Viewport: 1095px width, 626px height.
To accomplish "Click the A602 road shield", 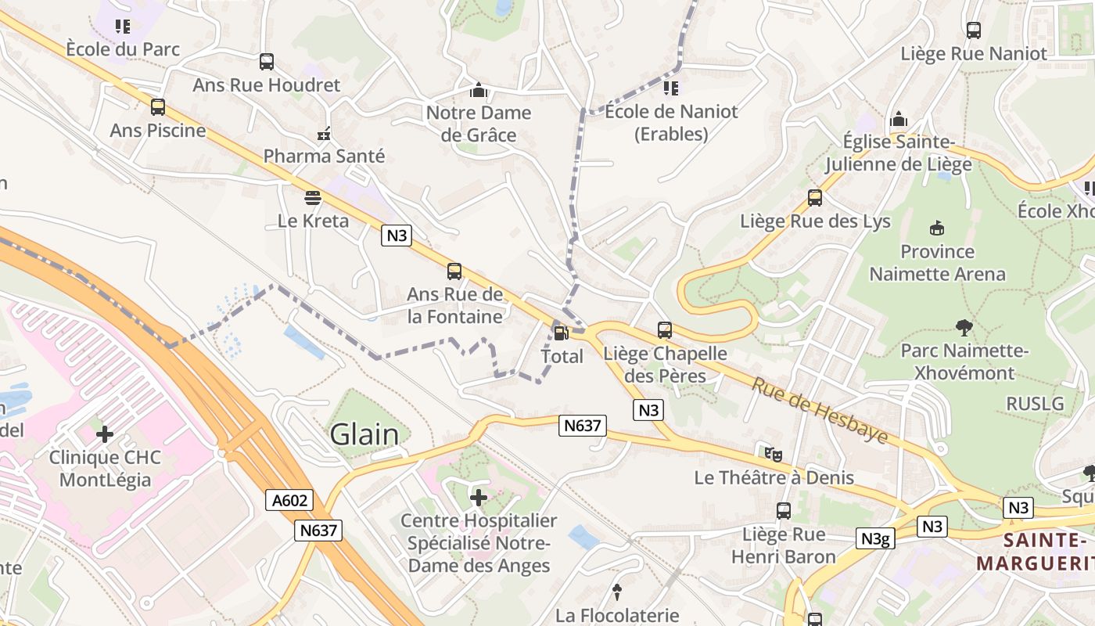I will (289, 501).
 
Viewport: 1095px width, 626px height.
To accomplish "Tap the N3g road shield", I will (874, 538).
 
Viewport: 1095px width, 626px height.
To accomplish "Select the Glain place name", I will (364, 434).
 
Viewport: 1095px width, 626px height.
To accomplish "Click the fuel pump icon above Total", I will (561, 333).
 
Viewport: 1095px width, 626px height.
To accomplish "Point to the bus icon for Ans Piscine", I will (158, 107).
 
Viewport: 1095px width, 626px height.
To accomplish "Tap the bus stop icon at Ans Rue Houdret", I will (267, 62).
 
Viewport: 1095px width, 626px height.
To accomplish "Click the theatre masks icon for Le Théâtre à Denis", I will (773, 453).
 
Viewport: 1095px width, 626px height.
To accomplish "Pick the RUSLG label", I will (1035, 404).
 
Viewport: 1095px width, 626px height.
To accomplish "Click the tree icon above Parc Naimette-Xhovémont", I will (964, 328).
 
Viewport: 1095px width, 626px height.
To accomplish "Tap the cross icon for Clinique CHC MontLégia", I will (105, 434).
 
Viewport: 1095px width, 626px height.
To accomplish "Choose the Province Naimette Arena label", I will (937, 263).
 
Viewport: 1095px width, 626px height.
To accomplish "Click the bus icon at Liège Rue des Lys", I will (815, 198).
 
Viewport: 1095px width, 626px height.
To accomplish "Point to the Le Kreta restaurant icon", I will (313, 197).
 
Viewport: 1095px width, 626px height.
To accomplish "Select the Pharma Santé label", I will (324, 156).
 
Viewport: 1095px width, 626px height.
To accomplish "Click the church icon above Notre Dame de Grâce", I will (479, 91).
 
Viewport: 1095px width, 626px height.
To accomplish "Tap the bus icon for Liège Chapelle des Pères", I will (665, 330).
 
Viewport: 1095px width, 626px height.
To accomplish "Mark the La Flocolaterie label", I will (617, 616).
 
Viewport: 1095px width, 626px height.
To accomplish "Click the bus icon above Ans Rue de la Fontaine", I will (454, 272).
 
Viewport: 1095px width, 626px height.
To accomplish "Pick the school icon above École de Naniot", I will (671, 88).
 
